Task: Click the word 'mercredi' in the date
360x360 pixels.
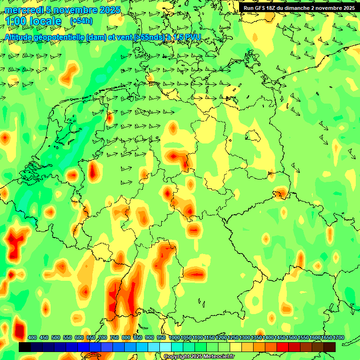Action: (x=23, y=10)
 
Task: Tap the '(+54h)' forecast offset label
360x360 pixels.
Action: (x=81, y=21)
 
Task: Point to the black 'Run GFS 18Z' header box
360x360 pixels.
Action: (x=299, y=7)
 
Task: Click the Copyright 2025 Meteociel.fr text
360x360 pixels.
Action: (x=199, y=356)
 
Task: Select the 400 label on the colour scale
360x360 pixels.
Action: (x=32, y=337)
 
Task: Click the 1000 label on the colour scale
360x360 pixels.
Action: (x=174, y=337)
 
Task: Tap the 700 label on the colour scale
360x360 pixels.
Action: (x=103, y=337)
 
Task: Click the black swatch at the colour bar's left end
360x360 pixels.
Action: (x=25, y=347)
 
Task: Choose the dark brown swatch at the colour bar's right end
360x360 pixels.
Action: (x=330, y=347)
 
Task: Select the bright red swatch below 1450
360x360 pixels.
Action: (x=283, y=347)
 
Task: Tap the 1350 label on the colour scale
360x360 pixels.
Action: (x=256, y=337)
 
